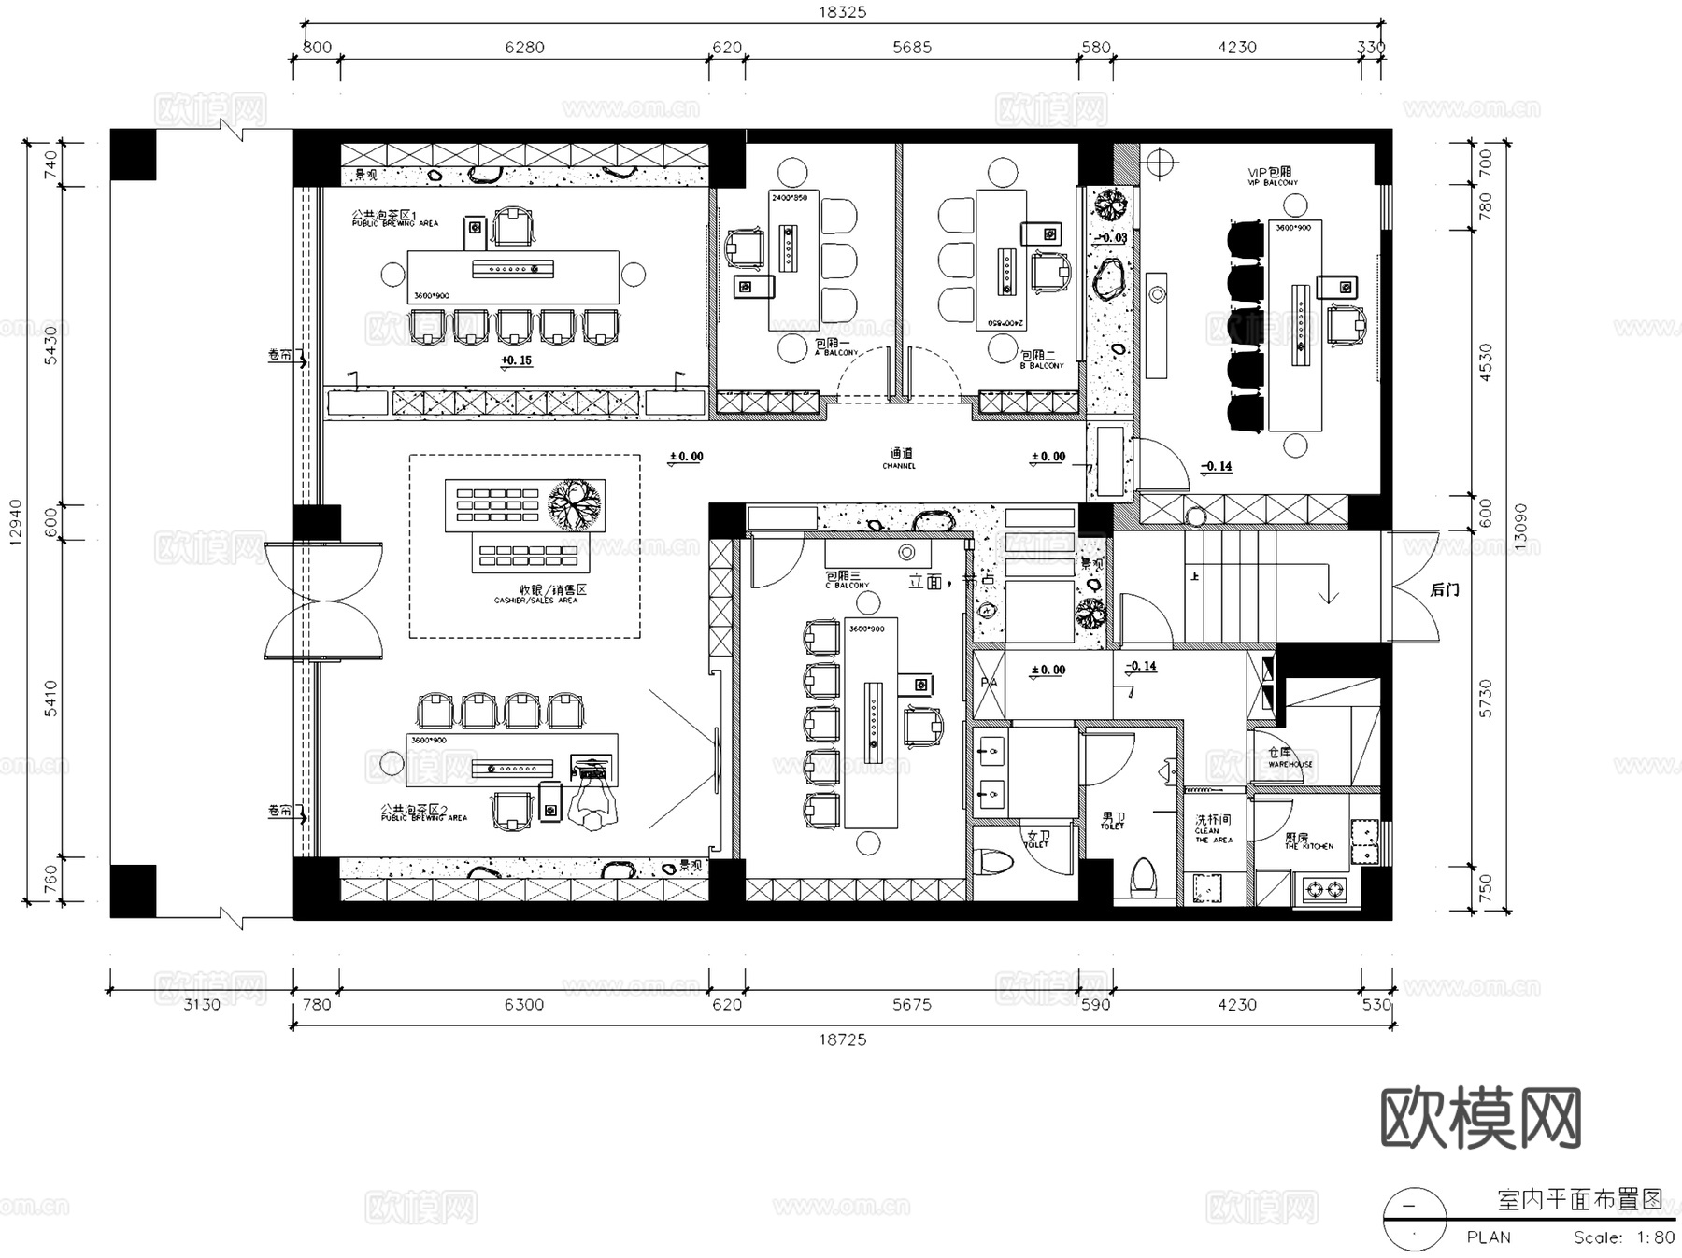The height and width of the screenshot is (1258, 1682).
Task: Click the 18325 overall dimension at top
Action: click(842, 12)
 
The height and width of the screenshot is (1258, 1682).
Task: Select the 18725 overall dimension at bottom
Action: click(842, 1039)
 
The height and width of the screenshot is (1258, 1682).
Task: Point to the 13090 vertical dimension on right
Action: click(1520, 528)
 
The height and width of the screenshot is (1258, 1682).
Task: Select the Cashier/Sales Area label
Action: click(535, 594)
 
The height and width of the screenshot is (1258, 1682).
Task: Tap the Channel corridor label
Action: click(899, 458)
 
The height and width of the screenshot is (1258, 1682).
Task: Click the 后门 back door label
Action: click(1444, 590)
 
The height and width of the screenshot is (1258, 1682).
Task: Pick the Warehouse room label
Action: click(1289, 757)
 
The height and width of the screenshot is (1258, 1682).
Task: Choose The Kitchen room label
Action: click(1307, 841)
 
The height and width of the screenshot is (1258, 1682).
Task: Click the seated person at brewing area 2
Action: click(595, 803)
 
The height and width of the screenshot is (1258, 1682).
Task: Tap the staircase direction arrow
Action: click(1328, 592)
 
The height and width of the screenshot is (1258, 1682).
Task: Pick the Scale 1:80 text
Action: click(1623, 1237)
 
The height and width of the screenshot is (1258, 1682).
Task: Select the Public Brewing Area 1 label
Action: click(395, 219)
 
